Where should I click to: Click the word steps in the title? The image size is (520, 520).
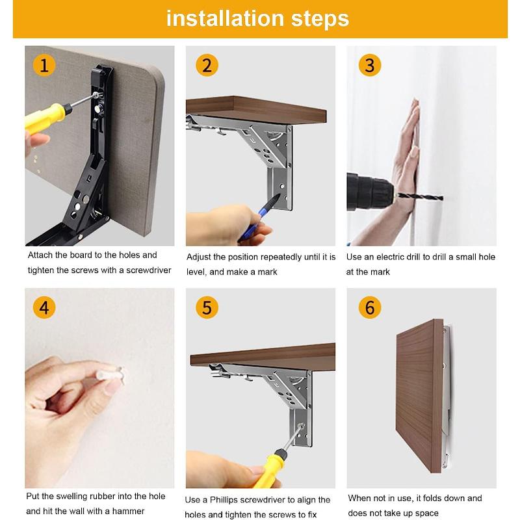pyautogui.click(x=318, y=19)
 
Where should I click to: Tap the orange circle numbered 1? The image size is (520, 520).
pyautogui.click(x=44, y=65)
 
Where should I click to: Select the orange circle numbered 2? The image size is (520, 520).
pyautogui.click(x=207, y=65)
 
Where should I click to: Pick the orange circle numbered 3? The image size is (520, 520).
pyautogui.click(x=369, y=65)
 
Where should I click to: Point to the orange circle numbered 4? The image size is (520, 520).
pyautogui.click(x=44, y=307)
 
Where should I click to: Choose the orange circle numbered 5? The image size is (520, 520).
pyautogui.click(x=207, y=307)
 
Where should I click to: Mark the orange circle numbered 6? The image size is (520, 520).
pyautogui.click(x=369, y=307)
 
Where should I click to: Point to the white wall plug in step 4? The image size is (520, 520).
pyautogui.click(x=110, y=375)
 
